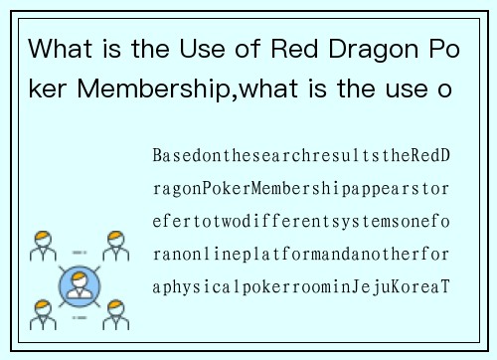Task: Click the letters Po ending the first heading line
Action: click(445, 48)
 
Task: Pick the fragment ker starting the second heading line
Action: click(49, 90)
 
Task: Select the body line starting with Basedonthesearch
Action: click(301, 158)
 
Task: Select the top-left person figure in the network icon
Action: click(43, 247)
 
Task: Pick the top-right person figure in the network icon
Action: click(115, 247)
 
